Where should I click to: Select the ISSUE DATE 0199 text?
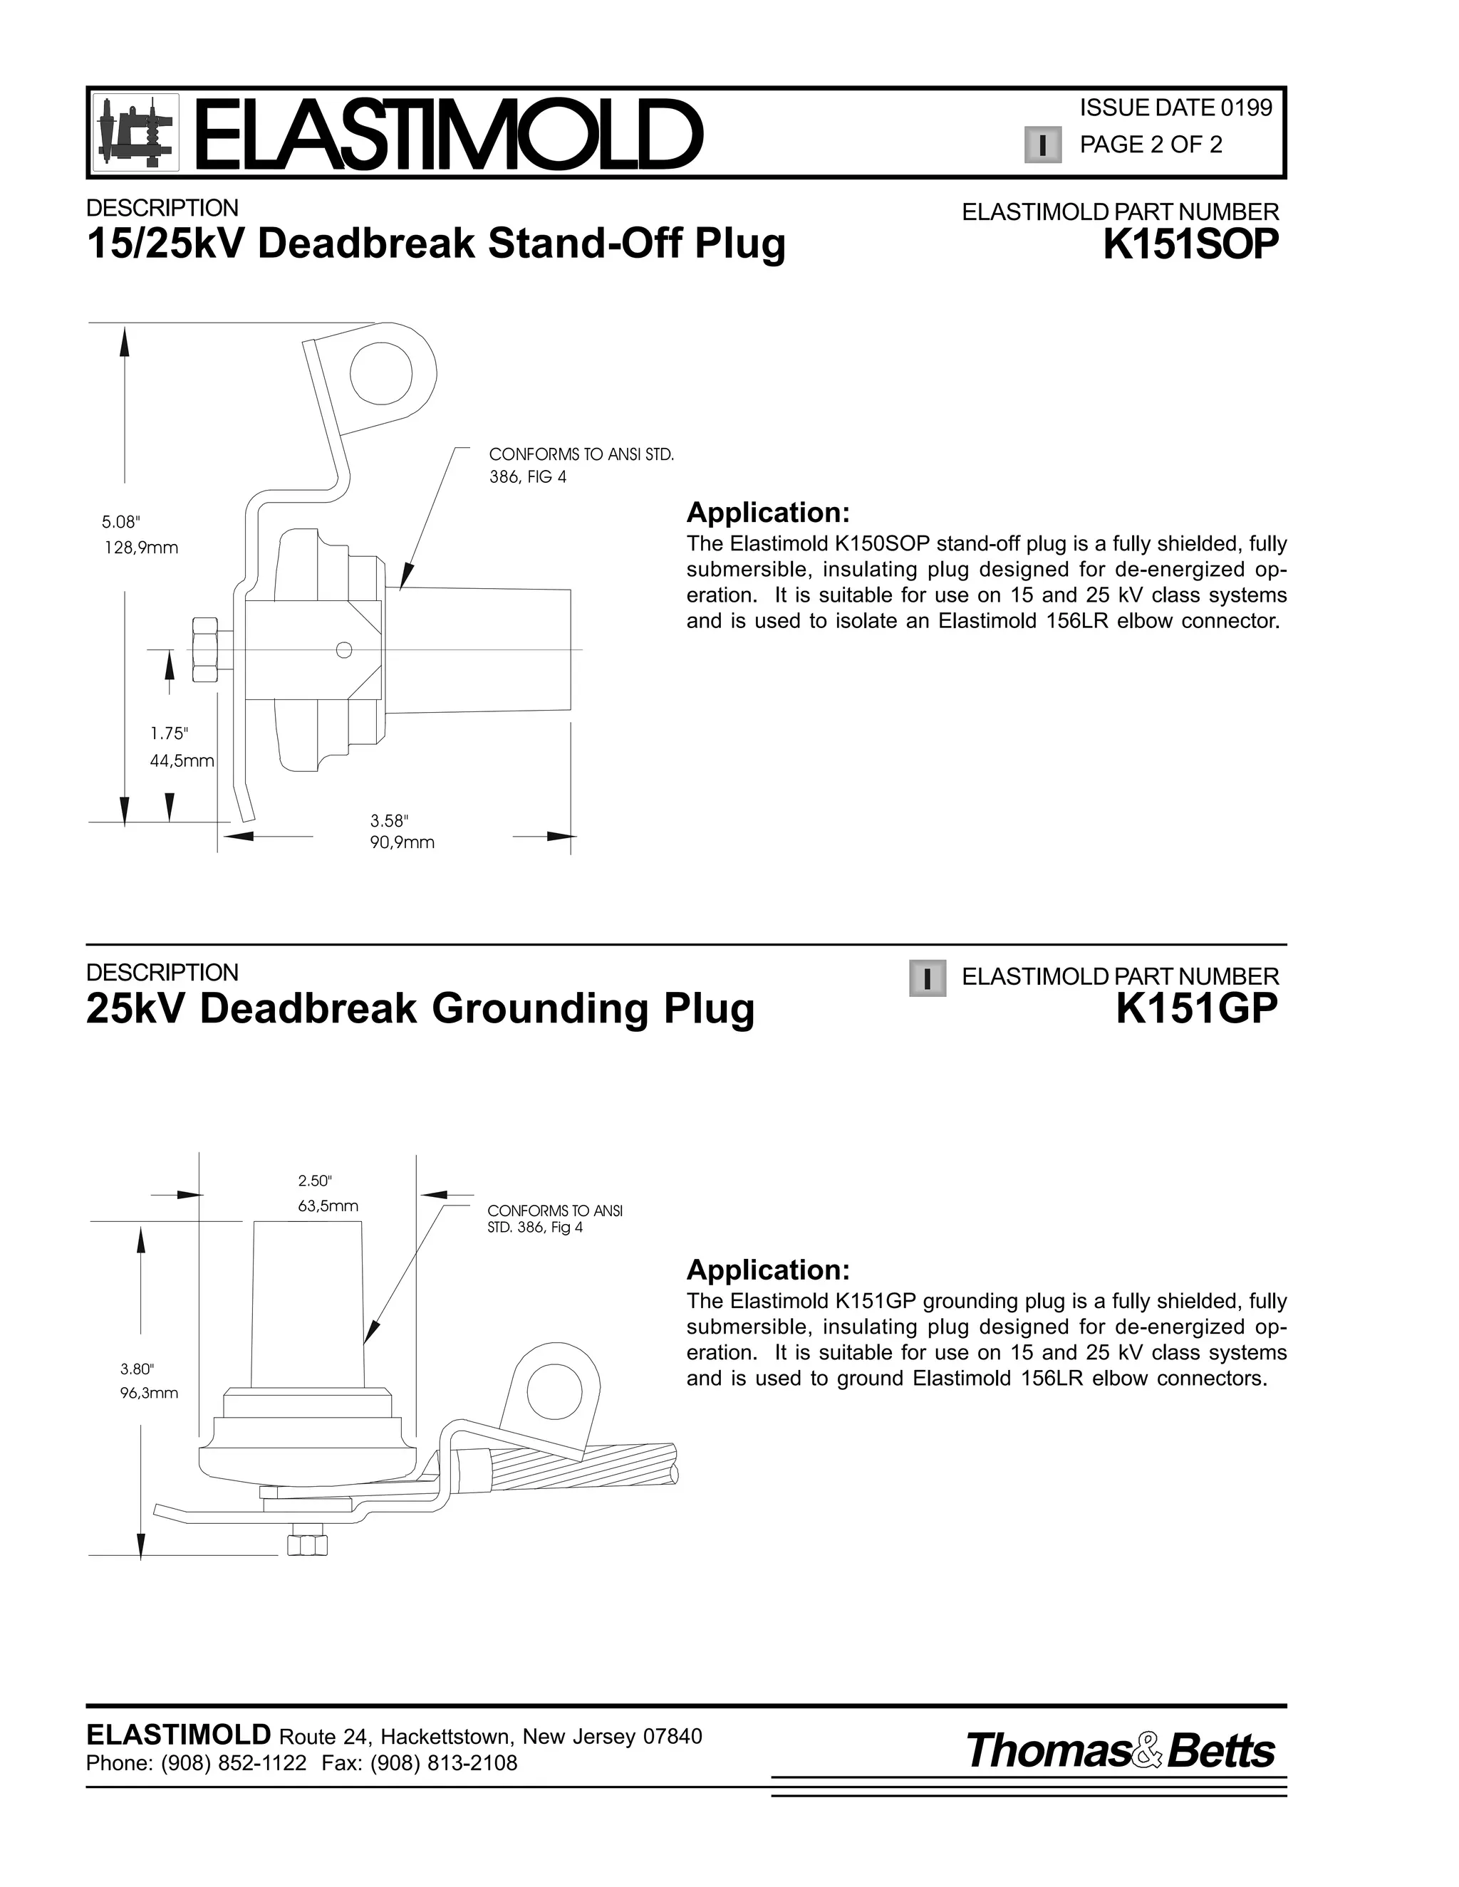[x=1175, y=108]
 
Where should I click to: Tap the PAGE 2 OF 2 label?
[x=1151, y=145]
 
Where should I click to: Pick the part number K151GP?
[x=1196, y=1008]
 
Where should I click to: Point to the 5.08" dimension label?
[x=120, y=522]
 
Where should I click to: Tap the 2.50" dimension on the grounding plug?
[x=315, y=1181]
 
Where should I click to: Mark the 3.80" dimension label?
[x=137, y=1369]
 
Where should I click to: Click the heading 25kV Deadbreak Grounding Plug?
[x=420, y=1008]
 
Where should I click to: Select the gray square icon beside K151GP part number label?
[x=928, y=979]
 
